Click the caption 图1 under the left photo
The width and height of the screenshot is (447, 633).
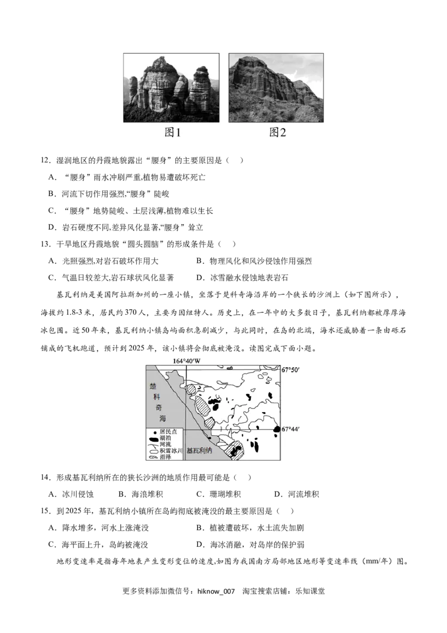172,132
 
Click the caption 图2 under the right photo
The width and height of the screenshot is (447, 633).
278,132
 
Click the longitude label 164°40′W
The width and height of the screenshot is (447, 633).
186,361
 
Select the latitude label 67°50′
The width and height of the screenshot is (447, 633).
291,370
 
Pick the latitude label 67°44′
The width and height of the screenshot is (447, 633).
291,429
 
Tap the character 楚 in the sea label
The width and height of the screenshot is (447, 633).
154,386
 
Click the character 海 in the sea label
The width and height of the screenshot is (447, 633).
161,418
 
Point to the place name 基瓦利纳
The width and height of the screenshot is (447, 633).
199,451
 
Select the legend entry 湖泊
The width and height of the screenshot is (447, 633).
165,438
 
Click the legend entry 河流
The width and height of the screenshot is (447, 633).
165,445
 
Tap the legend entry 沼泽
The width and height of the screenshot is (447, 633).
165,457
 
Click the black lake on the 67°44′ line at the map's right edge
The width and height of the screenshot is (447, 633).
277,429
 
